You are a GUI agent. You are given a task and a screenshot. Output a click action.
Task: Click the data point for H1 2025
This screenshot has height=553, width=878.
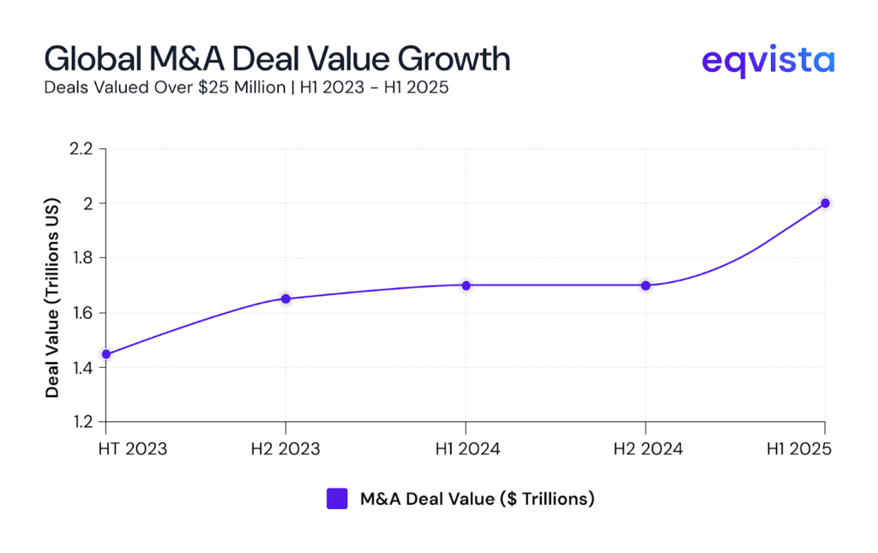point(825,203)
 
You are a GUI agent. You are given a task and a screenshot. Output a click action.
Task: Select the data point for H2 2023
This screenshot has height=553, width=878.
point(286,298)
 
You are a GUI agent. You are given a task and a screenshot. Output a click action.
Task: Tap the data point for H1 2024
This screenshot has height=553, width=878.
point(466,286)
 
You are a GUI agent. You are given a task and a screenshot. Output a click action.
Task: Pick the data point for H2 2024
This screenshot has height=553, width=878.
point(646,286)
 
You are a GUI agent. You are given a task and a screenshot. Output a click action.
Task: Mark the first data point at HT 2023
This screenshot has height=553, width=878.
point(106,354)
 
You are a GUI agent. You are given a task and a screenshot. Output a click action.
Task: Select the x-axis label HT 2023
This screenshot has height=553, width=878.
point(132,449)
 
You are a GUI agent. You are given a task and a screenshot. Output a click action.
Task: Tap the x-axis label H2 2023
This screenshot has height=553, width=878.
point(286,449)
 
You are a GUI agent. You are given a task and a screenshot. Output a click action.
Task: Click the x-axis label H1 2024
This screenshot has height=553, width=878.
point(466,449)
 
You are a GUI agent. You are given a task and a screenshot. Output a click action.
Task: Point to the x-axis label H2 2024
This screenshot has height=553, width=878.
point(646,449)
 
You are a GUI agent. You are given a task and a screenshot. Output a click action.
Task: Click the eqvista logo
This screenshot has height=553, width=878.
point(767,61)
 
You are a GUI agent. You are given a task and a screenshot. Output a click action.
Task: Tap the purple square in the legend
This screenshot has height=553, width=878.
point(337,499)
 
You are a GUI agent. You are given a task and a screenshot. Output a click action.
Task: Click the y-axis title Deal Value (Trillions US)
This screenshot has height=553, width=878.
point(53,286)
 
